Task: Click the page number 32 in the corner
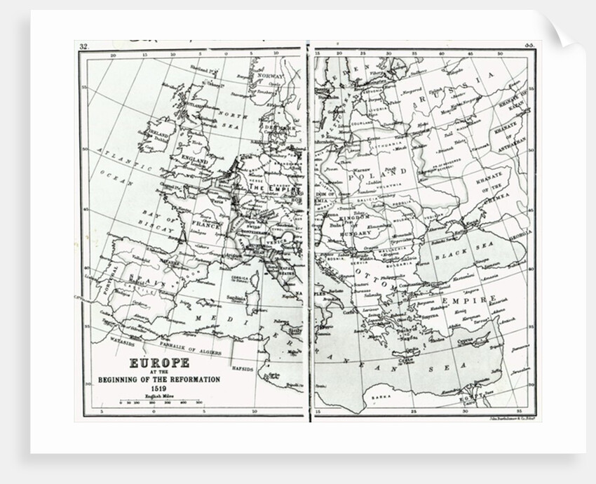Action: (x=83, y=47)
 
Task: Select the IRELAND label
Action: (x=158, y=133)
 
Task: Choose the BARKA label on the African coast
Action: (x=382, y=396)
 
